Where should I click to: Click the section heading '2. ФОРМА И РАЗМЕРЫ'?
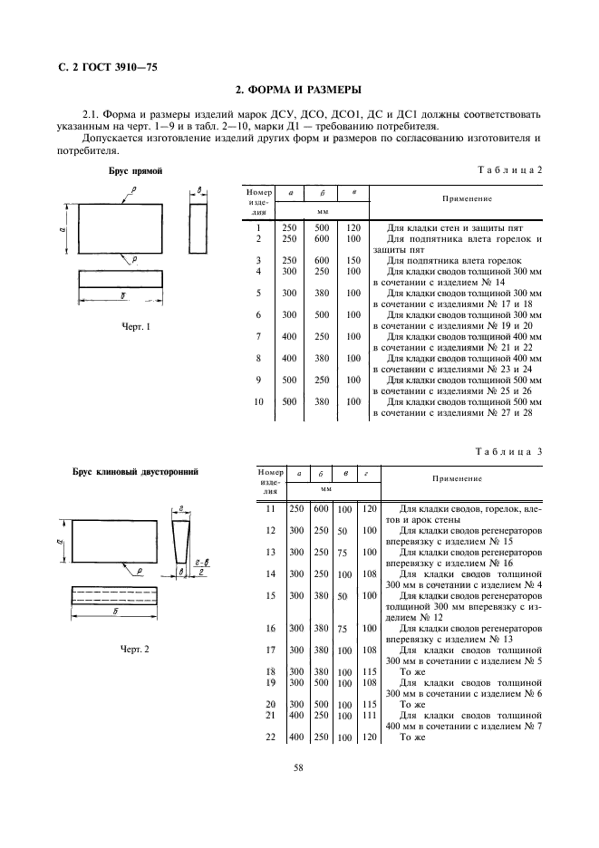click(x=299, y=90)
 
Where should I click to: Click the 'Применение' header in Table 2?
click(x=467, y=198)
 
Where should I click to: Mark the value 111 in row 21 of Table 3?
click(x=369, y=716)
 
